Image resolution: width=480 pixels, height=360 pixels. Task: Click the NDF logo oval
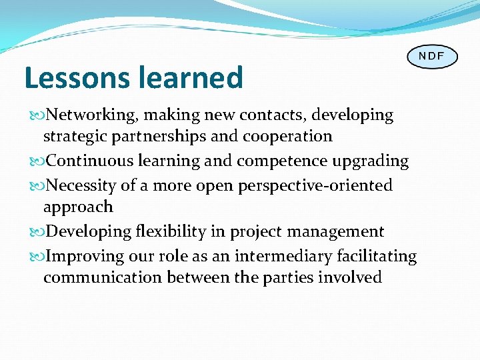click(432, 56)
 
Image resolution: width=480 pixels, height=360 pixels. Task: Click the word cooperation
click(288, 137)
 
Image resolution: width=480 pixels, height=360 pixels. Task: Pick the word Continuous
click(90, 161)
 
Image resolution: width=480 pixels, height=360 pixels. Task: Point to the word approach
click(77, 207)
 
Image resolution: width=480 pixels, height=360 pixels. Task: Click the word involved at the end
click(351, 277)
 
